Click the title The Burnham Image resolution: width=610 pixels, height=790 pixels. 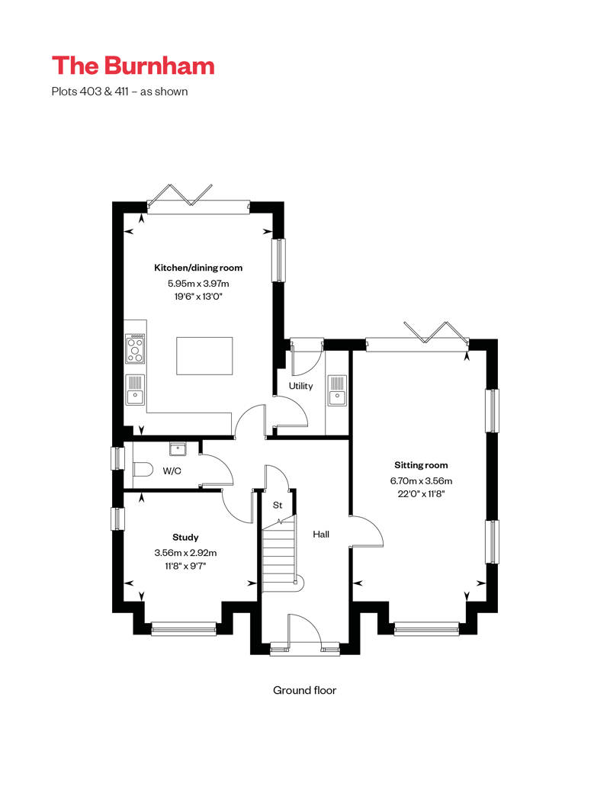tap(133, 66)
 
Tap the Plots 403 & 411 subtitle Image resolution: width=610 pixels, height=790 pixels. tap(120, 92)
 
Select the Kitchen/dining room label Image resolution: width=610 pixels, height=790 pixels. tap(198, 268)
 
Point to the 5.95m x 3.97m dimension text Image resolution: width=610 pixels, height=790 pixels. tap(198, 283)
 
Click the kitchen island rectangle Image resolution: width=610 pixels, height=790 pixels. tap(204, 356)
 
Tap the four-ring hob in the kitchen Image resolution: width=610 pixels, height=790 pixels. tap(135, 348)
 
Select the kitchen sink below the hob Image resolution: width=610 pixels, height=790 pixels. tap(135, 390)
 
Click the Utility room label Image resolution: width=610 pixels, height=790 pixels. tap(300, 386)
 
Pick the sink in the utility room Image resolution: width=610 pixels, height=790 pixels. tap(337, 390)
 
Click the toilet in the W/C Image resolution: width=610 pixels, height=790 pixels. tap(143, 470)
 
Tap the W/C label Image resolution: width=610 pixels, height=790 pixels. tap(172, 471)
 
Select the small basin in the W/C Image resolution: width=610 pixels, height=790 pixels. tap(178, 449)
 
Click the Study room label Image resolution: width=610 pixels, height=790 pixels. tap(185, 537)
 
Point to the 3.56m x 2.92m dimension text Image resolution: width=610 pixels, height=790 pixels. tap(185, 553)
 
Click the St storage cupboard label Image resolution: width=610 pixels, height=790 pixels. tap(278, 505)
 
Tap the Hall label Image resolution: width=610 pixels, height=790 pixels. tap(321, 534)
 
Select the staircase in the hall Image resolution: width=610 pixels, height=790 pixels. tap(281, 554)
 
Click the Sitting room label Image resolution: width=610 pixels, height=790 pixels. tap(421, 465)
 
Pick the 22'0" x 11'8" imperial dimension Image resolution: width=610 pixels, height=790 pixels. tap(421, 494)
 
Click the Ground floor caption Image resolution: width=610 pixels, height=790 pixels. tap(305, 690)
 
